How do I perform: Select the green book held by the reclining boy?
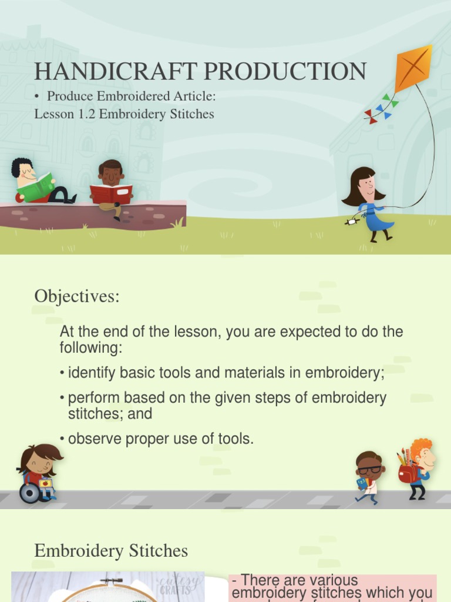tap(36, 188)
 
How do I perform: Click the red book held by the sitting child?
tap(111, 193)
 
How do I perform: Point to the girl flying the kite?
tap(369, 203)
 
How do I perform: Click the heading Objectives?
tap(77, 296)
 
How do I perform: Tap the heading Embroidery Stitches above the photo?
tap(111, 551)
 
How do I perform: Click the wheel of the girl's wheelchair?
tap(29, 493)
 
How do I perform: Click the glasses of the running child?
tap(369, 470)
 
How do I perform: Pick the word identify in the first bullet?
tap(89, 373)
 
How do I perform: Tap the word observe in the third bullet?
tap(91, 439)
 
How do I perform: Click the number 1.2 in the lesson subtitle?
tap(87, 114)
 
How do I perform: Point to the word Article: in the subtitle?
tap(196, 96)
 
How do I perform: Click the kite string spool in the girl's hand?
tap(351, 222)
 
